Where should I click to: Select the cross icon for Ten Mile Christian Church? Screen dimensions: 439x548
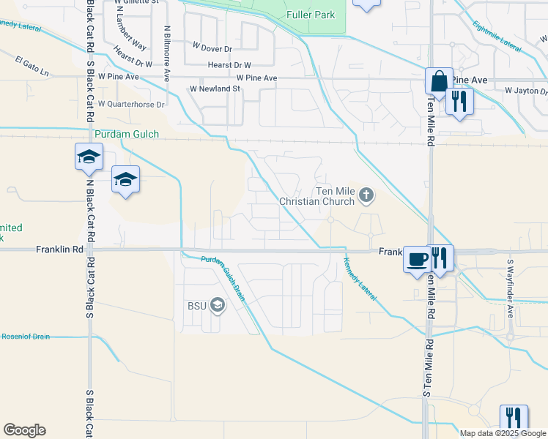tap(367, 195)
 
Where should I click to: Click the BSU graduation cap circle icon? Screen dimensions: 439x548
tap(217, 304)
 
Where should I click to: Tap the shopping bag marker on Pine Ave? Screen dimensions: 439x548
tap(438, 80)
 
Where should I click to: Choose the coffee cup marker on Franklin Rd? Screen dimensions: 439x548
tap(417, 259)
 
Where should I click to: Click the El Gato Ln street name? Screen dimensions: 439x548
tap(32, 74)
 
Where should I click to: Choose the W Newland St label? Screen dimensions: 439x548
tap(215, 89)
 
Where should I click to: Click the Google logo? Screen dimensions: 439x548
tap(24, 430)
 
